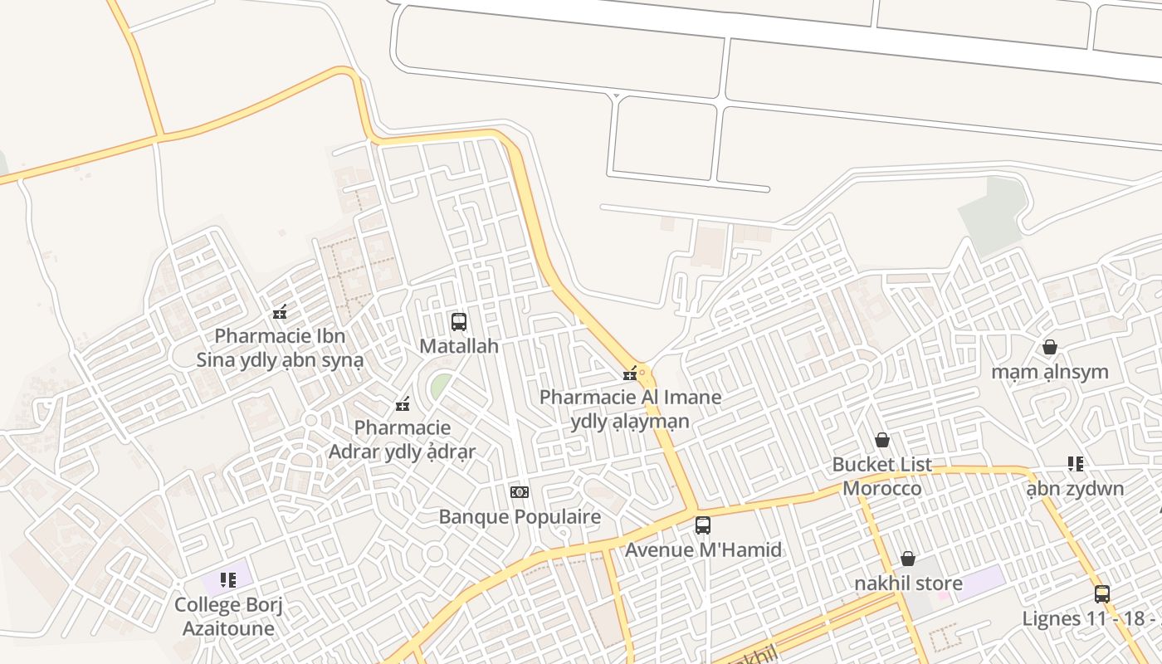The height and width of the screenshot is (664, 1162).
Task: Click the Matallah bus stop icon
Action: click(458, 322)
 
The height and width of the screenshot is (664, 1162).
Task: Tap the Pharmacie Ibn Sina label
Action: click(280, 349)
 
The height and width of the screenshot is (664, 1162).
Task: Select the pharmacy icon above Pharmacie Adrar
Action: click(403, 405)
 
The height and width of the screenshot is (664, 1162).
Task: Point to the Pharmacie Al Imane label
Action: click(630, 409)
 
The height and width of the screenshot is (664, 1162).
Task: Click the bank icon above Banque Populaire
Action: click(520, 492)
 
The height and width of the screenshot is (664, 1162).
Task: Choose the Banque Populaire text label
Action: click(520, 517)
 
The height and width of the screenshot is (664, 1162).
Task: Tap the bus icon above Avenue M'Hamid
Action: click(702, 525)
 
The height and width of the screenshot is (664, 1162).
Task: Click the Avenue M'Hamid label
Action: click(703, 549)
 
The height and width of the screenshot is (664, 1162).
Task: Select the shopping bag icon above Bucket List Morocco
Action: click(882, 439)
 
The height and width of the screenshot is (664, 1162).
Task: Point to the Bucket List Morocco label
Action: click(882, 476)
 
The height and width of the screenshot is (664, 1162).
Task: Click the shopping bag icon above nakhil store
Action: click(908, 559)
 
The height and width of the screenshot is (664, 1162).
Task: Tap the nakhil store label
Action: click(908, 583)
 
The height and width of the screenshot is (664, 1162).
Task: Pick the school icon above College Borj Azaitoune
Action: click(228, 579)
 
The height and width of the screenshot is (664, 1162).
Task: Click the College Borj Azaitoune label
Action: click(228, 617)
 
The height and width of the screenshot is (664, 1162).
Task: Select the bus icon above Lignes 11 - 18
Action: click(1102, 593)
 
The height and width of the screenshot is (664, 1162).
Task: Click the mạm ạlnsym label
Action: click(1050, 372)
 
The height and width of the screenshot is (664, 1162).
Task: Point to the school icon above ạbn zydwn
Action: click(1076, 463)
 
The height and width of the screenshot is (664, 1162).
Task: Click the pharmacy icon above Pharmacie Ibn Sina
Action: click(280, 313)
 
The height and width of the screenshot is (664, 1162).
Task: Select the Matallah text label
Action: click(458, 346)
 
